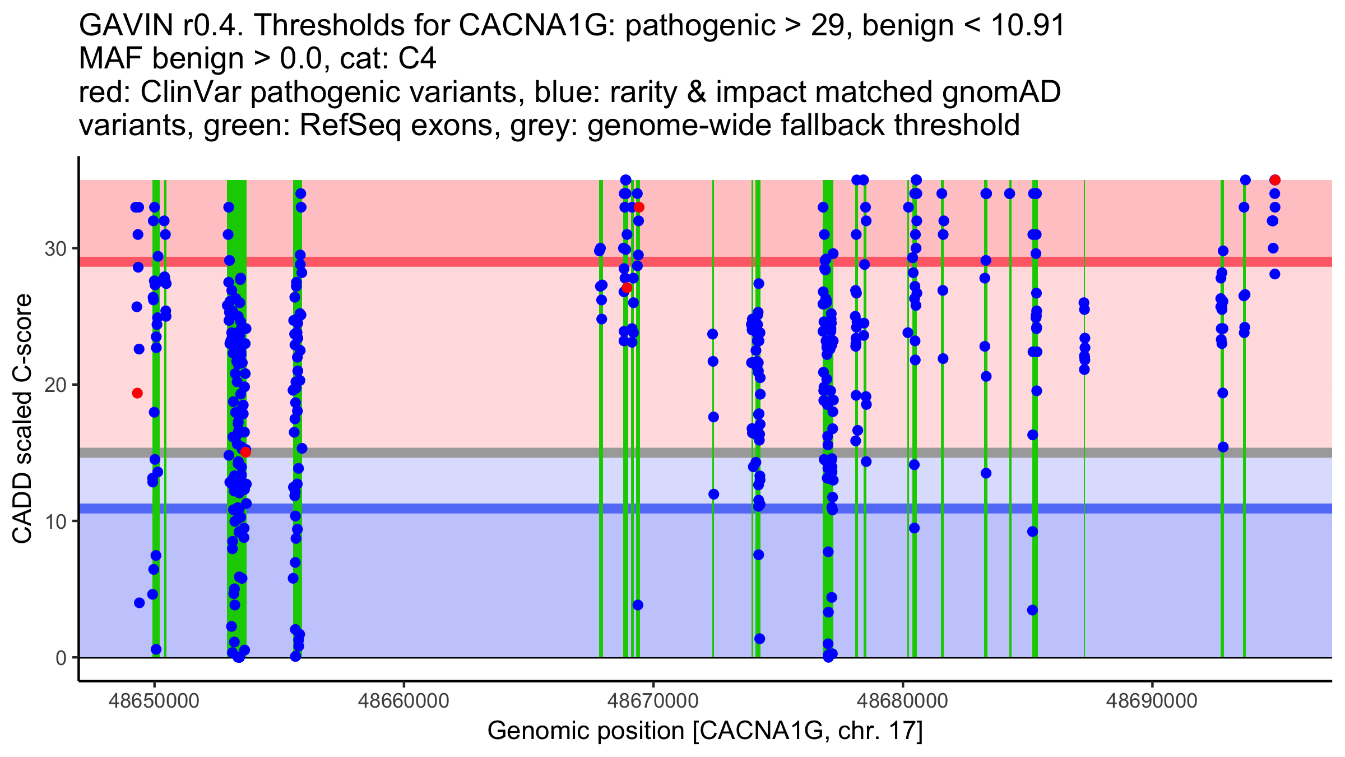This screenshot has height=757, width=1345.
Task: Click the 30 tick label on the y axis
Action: pos(55,248)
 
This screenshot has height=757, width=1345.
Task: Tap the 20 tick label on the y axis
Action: pos(55,385)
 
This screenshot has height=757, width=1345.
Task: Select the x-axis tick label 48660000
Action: pos(403,700)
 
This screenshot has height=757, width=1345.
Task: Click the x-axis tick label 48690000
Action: pos(1152,700)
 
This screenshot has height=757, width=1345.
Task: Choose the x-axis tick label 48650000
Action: pos(154,700)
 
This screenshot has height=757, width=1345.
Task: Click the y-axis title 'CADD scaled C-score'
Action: pos(22,419)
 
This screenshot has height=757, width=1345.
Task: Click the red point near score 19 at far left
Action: pos(137,393)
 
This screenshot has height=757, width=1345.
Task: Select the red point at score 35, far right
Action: pos(1275,180)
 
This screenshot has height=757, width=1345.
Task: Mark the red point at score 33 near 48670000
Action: pos(639,207)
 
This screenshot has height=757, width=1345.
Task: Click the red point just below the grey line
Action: pos(245,452)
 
